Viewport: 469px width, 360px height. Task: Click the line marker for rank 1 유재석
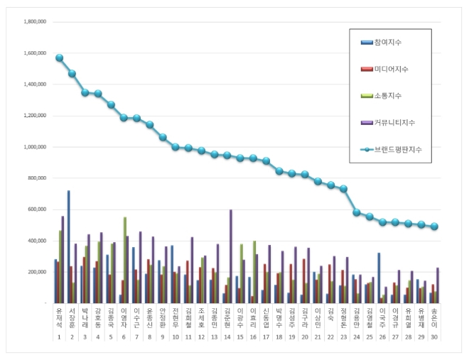click(60, 58)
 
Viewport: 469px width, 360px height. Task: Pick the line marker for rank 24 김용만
click(357, 212)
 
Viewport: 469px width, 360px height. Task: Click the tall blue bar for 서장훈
click(69, 246)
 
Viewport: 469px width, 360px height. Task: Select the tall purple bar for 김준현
click(231, 256)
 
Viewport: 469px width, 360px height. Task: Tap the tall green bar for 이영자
click(125, 260)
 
